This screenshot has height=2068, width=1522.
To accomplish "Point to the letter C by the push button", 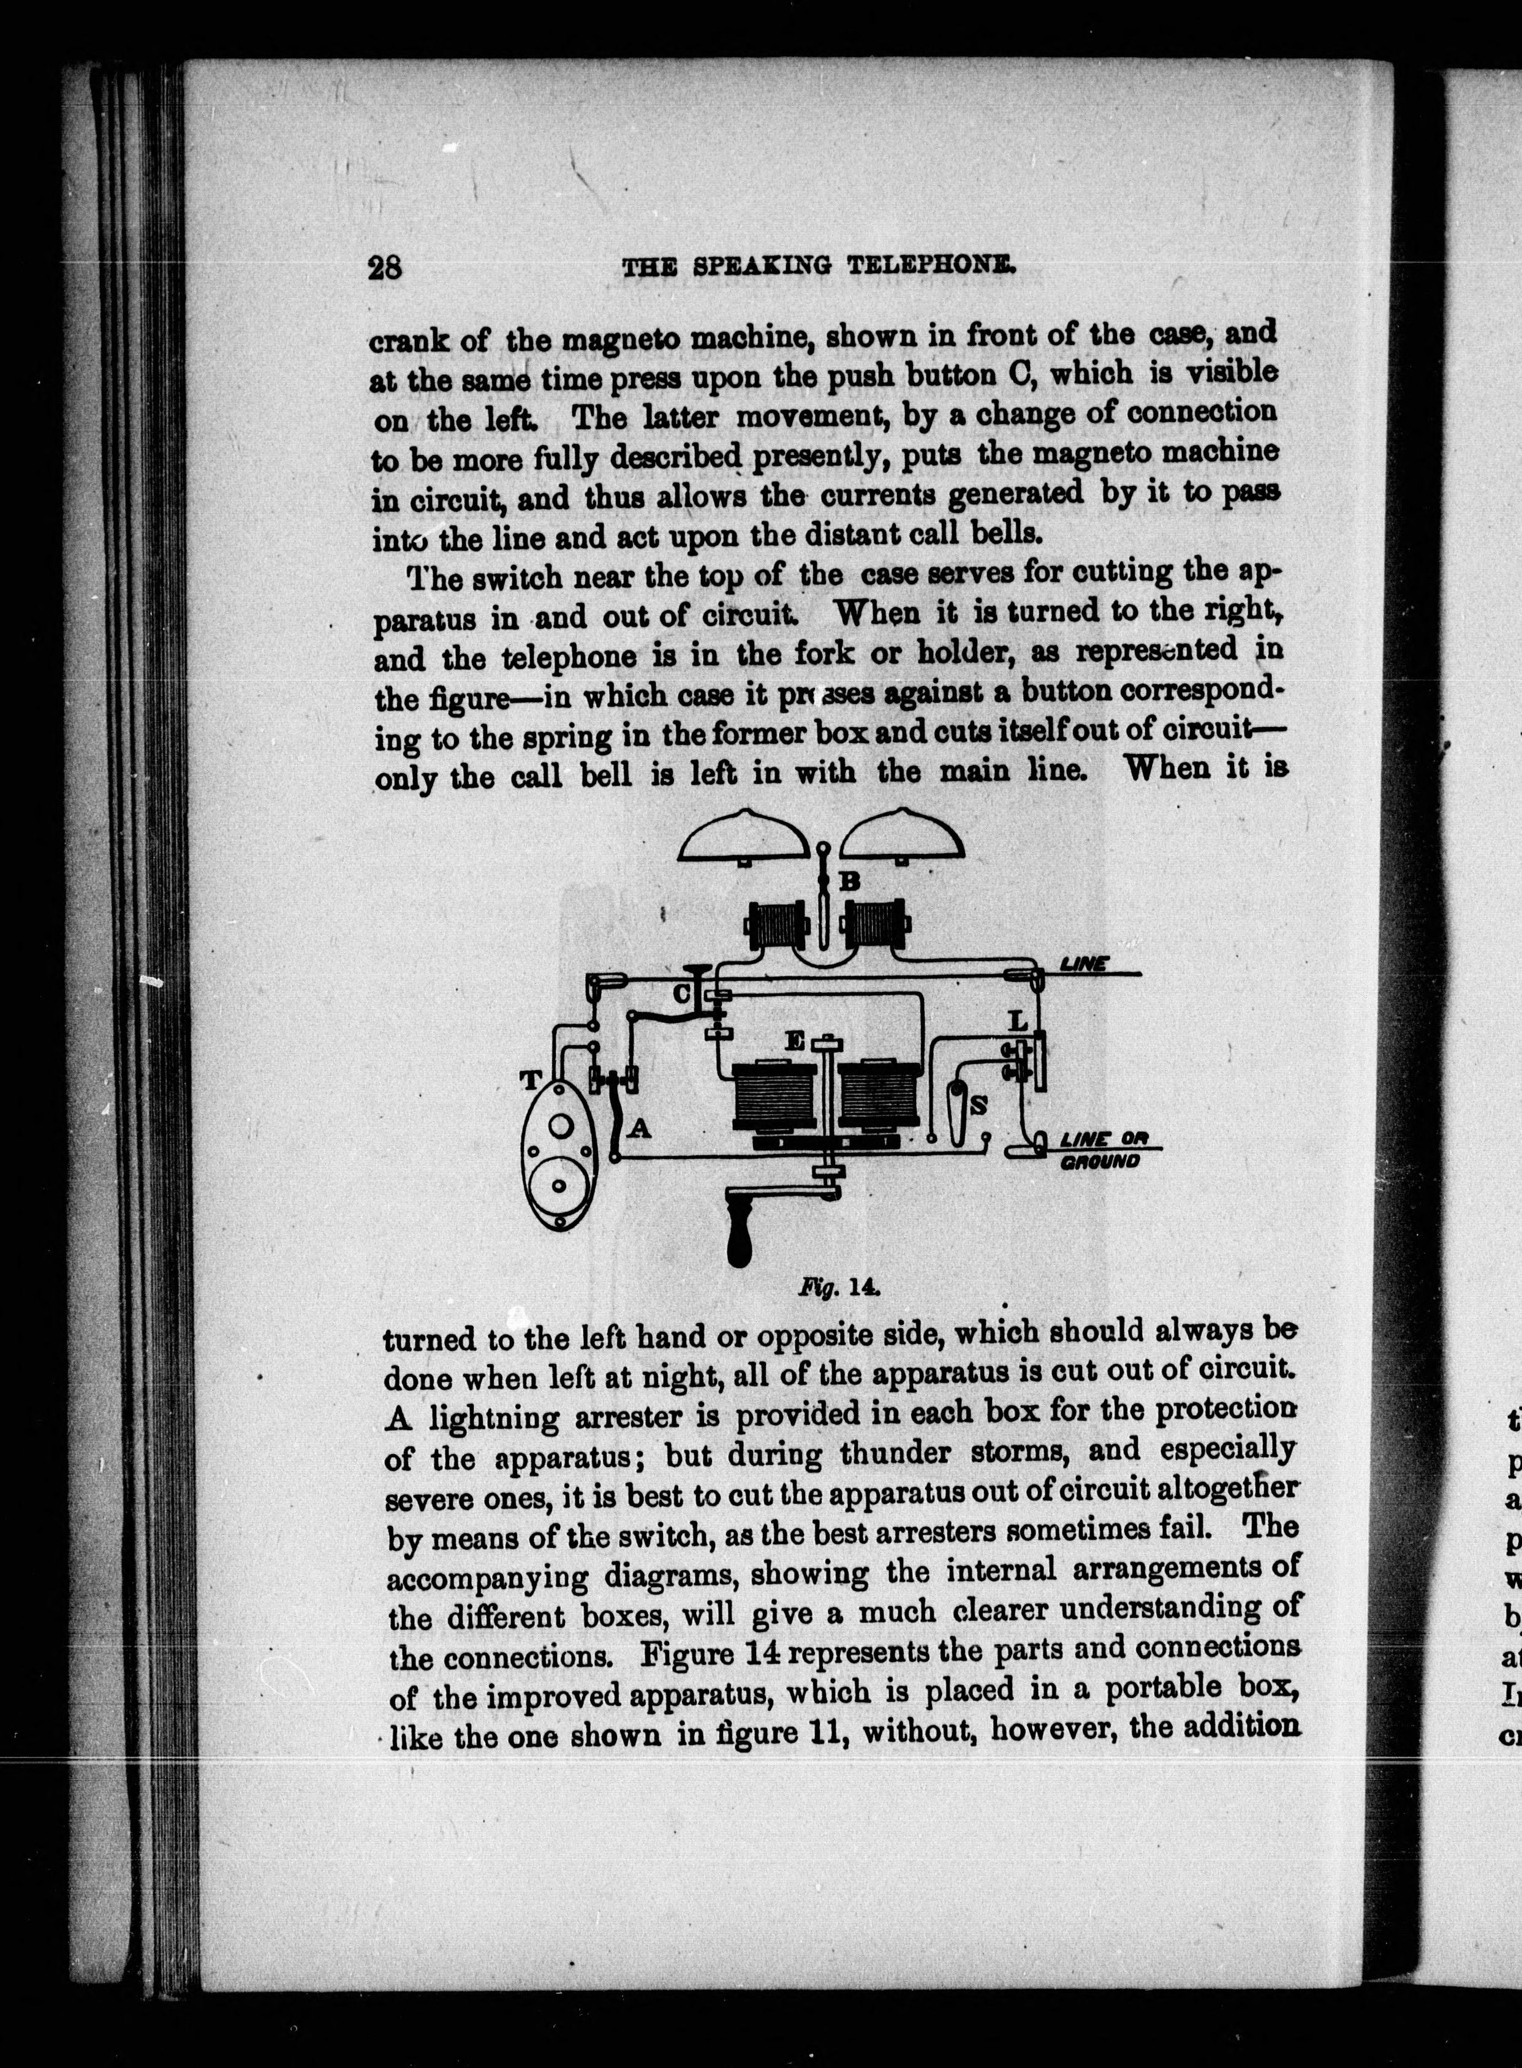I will (683, 994).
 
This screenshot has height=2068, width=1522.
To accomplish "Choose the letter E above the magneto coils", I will (795, 1042).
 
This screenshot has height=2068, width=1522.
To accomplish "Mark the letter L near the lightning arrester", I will (1017, 1021).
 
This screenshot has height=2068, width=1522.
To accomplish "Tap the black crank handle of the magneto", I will (741, 1237).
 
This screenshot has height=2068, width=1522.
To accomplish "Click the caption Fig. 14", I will (839, 1286).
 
